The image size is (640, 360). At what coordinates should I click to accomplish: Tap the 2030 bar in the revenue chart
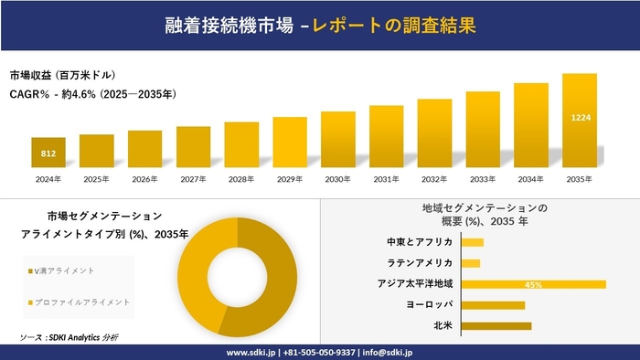[x=338, y=140]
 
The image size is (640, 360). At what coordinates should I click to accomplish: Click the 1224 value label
[x=581, y=118]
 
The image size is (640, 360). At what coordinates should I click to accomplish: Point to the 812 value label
[x=48, y=154]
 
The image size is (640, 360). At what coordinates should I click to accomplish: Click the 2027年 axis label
[x=193, y=179]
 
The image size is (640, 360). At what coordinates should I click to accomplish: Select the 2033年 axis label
[x=483, y=179]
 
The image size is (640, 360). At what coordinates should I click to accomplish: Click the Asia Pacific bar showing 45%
[x=534, y=284]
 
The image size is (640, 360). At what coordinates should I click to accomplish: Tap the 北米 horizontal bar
[x=496, y=325]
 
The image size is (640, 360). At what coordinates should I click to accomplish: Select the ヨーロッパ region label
[x=428, y=305]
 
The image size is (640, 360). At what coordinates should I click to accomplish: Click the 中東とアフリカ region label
[x=421, y=242]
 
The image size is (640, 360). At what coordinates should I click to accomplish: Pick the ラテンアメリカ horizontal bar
[x=471, y=263]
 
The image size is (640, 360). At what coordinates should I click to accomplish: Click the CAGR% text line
[x=92, y=93]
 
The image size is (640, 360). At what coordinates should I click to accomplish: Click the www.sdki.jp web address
[x=251, y=352]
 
